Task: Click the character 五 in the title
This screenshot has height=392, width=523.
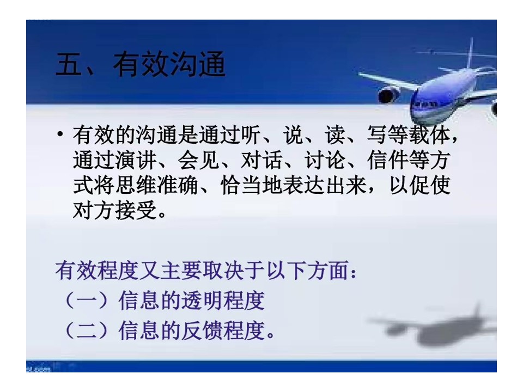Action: click(x=69, y=64)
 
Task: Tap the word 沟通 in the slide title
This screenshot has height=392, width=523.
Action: click(x=197, y=64)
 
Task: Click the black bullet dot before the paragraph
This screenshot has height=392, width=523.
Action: click(x=60, y=134)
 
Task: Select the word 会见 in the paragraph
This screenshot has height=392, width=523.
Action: click(x=198, y=160)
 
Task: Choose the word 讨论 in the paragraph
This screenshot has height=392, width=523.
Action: click(x=325, y=160)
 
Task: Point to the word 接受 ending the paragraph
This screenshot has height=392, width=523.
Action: click(x=136, y=210)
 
